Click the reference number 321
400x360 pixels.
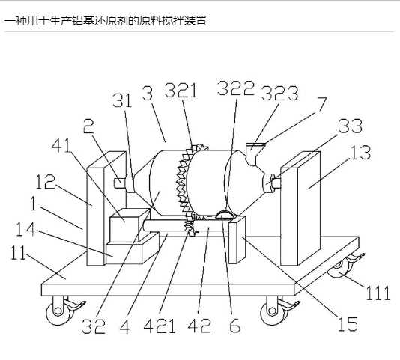pos(181,91)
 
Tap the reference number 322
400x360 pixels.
pos(236,88)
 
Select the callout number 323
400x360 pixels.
pos(279,93)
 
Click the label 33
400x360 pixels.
pos(351,126)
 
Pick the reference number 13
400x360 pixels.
pos(361,153)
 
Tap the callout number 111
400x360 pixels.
pos(378,293)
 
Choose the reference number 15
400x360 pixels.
pos(348,323)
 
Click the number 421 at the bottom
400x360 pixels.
pos(160,326)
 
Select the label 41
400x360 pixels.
pos(61,146)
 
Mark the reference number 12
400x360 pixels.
pos(45,182)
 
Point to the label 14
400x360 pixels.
pos(25,229)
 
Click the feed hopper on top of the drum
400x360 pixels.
pos(255,154)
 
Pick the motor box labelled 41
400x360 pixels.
pos(130,225)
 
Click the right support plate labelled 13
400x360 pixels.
pos(300,209)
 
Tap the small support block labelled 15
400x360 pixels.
pos(237,240)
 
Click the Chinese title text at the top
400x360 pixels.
pos(106,21)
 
